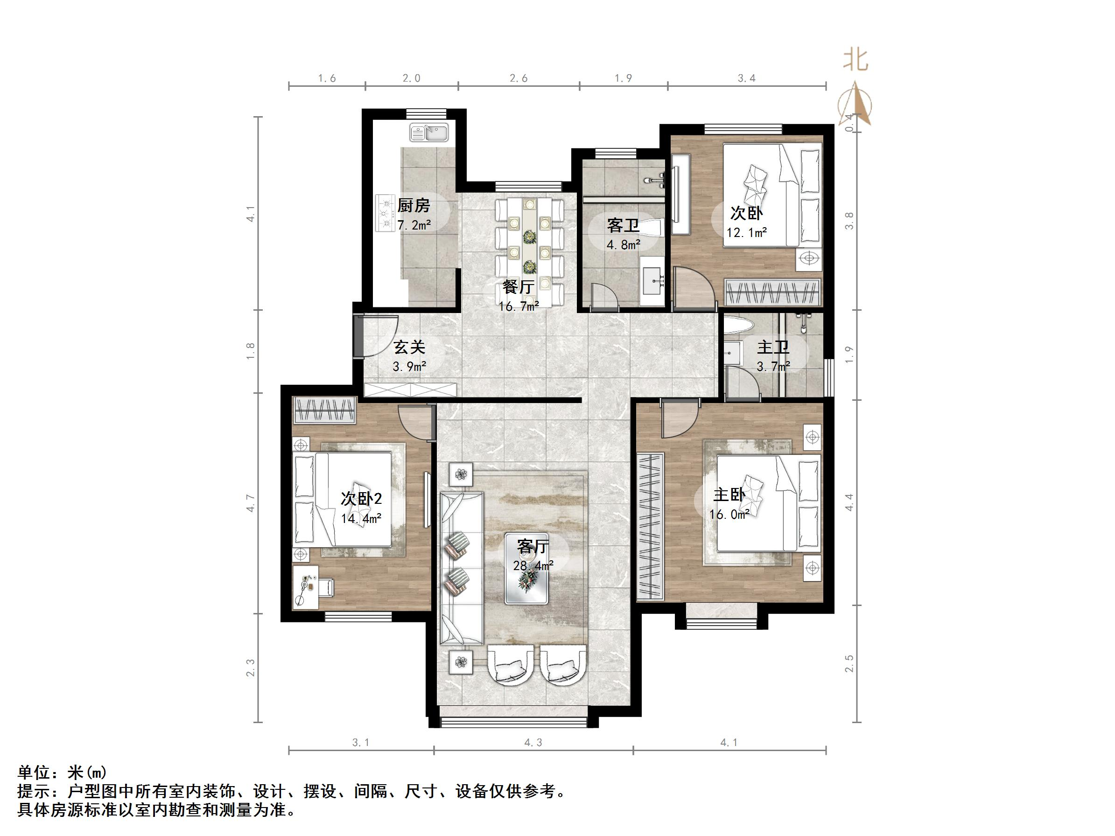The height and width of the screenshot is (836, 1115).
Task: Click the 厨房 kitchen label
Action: [414, 206]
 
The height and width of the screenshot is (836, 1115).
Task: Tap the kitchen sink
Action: [429, 133]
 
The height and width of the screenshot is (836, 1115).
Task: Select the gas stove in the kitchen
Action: [385, 213]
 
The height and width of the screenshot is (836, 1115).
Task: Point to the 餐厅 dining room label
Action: [518, 287]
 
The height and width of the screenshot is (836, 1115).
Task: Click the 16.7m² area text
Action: [519, 306]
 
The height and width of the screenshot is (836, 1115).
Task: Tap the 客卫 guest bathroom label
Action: [623, 225]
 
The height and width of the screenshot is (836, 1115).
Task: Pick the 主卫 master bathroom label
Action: [773, 347]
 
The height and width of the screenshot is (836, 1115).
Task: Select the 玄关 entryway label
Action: [409, 347]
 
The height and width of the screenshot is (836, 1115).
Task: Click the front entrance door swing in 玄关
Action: [379, 334]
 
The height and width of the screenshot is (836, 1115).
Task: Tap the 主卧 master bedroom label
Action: [729, 495]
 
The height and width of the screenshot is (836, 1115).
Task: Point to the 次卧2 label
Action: [361, 499]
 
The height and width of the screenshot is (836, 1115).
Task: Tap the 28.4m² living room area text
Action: [533, 566]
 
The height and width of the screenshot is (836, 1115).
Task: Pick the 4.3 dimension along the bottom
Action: [533, 742]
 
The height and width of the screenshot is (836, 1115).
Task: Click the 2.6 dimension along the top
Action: [519, 78]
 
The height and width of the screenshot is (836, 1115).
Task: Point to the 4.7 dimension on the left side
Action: [251, 503]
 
